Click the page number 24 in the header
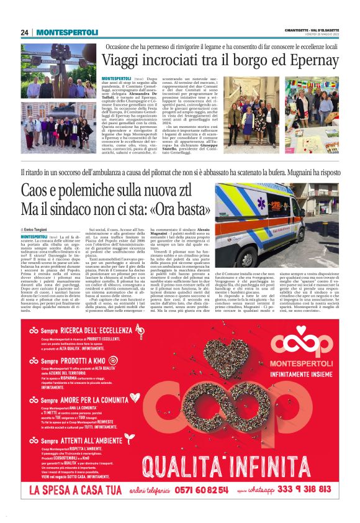click(x=25, y=32)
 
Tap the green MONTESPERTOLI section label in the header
click(x=67, y=32)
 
